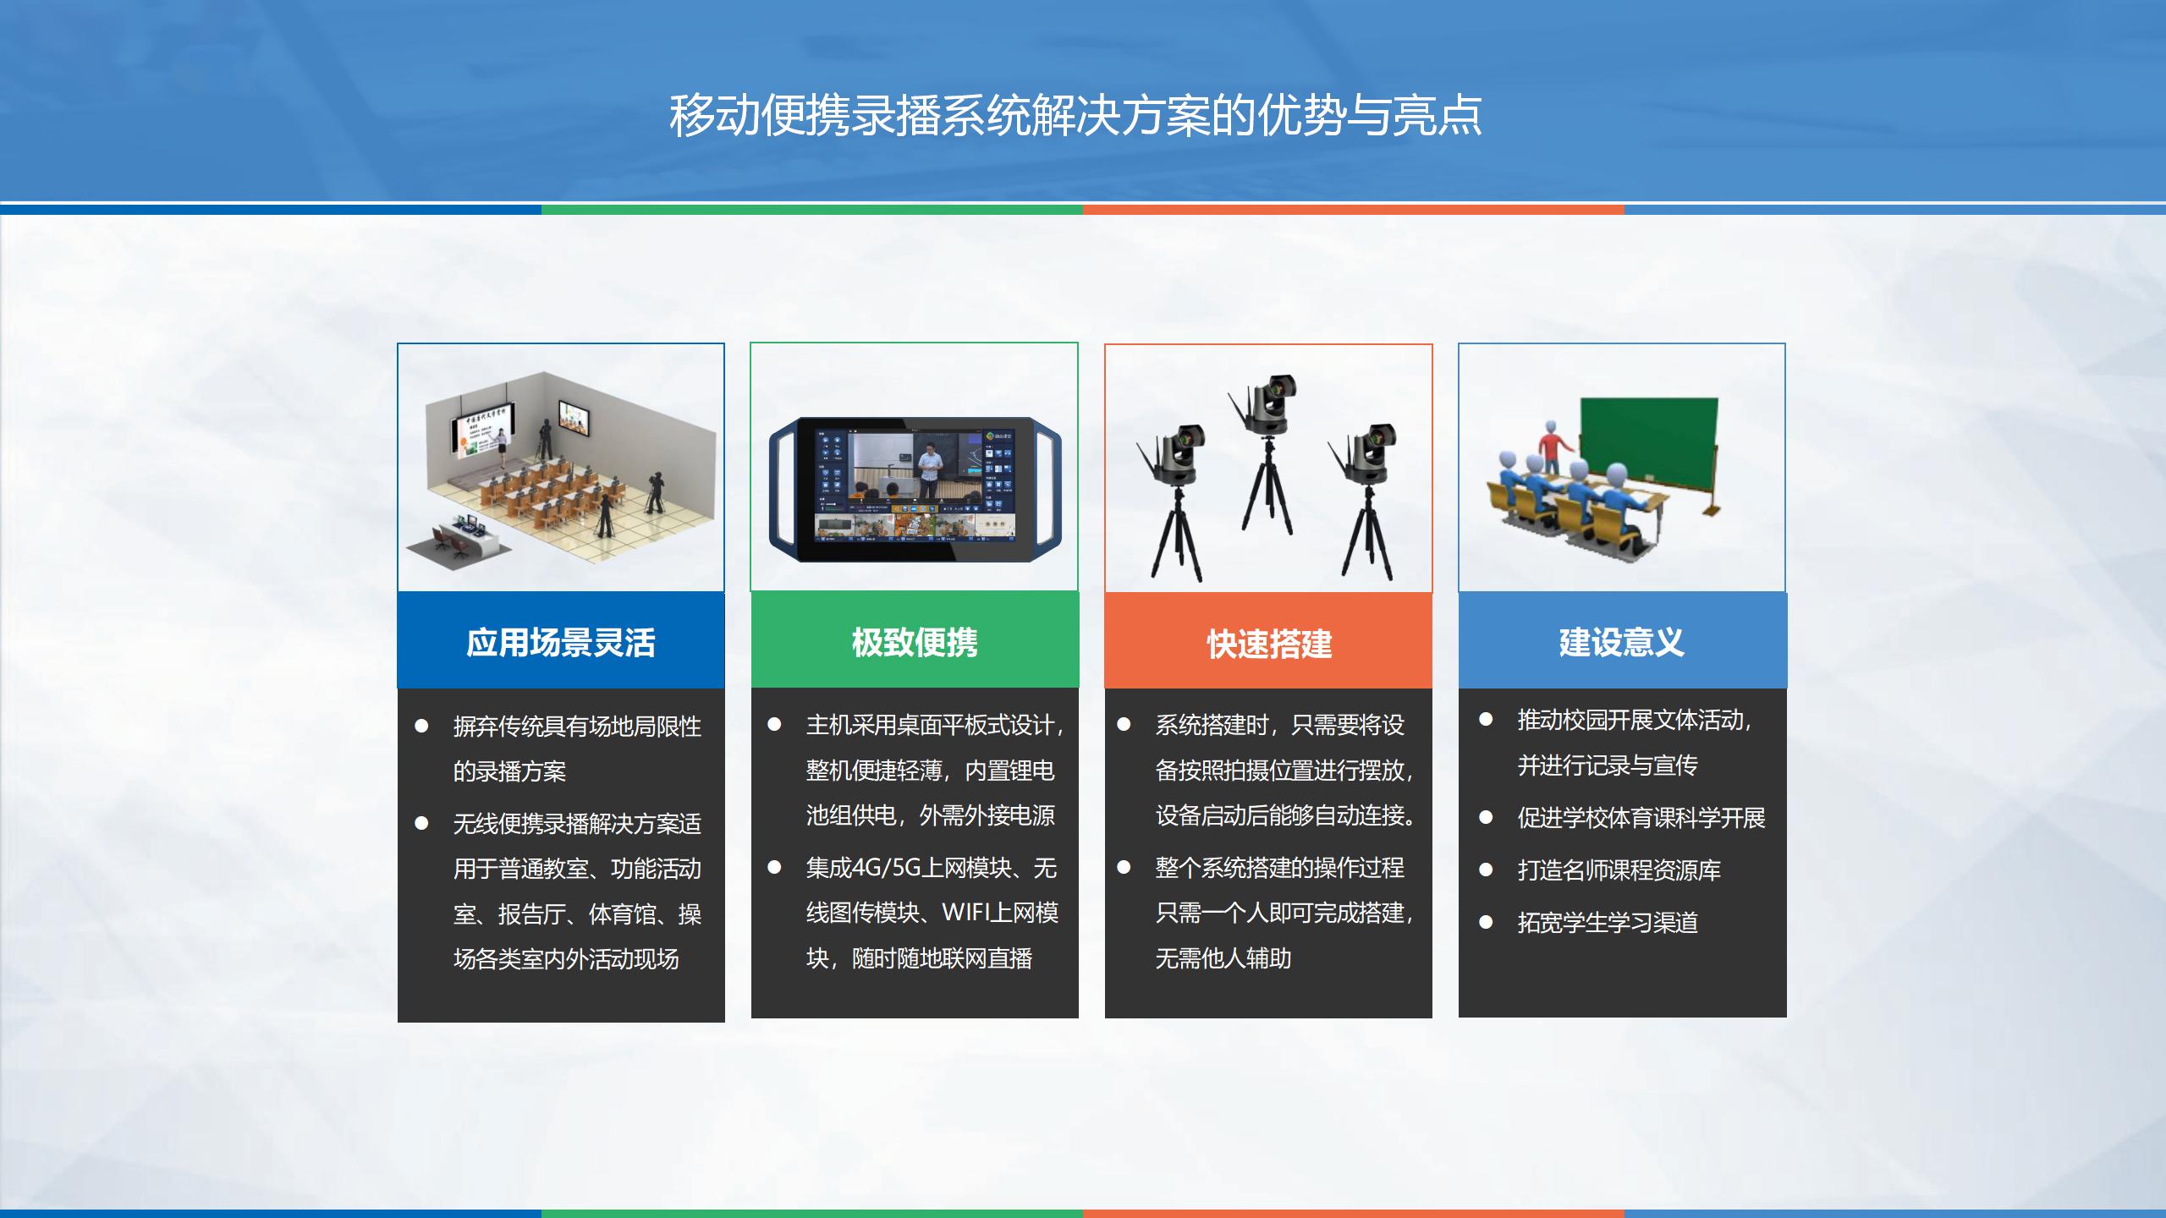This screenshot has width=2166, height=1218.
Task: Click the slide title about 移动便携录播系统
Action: [1075, 115]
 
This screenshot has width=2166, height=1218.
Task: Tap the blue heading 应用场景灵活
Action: [561, 643]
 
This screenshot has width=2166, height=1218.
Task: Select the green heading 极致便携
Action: [915, 643]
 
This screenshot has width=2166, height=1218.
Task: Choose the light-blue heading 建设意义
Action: [1622, 643]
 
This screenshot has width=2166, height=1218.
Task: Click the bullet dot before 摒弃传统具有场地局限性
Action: [421, 726]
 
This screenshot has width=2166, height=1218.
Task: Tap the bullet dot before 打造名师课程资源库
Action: [1486, 870]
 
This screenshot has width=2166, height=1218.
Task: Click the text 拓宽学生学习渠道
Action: [1608, 922]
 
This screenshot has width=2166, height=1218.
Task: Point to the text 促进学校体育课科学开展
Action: [1641, 818]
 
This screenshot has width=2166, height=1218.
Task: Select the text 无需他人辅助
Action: [1223, 958]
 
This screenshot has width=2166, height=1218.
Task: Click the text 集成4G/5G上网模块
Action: [908, 868]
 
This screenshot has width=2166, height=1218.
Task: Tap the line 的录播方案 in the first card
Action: [509, 771]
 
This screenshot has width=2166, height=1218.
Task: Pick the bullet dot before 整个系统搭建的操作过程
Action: [1124, 867]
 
